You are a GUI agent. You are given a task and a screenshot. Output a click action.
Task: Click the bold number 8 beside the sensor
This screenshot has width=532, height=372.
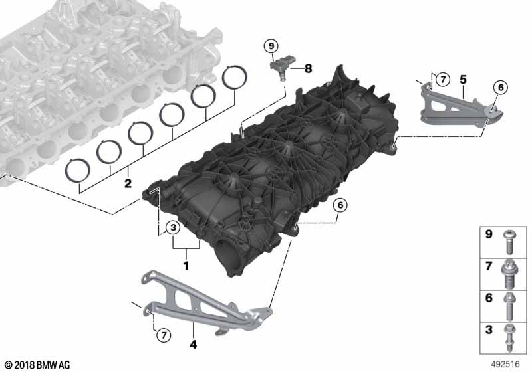308,69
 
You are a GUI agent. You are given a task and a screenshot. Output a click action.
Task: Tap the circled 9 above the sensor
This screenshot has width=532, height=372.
271,46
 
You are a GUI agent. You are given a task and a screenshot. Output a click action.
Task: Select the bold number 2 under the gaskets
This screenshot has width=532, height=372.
128,183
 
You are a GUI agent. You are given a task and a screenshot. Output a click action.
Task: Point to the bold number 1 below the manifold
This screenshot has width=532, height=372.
186,266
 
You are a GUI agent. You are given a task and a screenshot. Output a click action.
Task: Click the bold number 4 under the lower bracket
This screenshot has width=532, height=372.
193,345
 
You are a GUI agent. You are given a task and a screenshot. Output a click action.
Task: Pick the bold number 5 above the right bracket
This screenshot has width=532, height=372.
463,80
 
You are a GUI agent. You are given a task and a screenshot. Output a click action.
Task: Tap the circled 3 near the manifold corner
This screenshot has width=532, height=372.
173,227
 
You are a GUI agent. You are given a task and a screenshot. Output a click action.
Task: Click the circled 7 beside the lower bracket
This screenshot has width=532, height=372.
164,335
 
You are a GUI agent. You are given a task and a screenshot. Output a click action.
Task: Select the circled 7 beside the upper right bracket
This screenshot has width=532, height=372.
442,80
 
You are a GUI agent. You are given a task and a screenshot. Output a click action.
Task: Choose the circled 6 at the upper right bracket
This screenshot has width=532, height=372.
501,88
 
